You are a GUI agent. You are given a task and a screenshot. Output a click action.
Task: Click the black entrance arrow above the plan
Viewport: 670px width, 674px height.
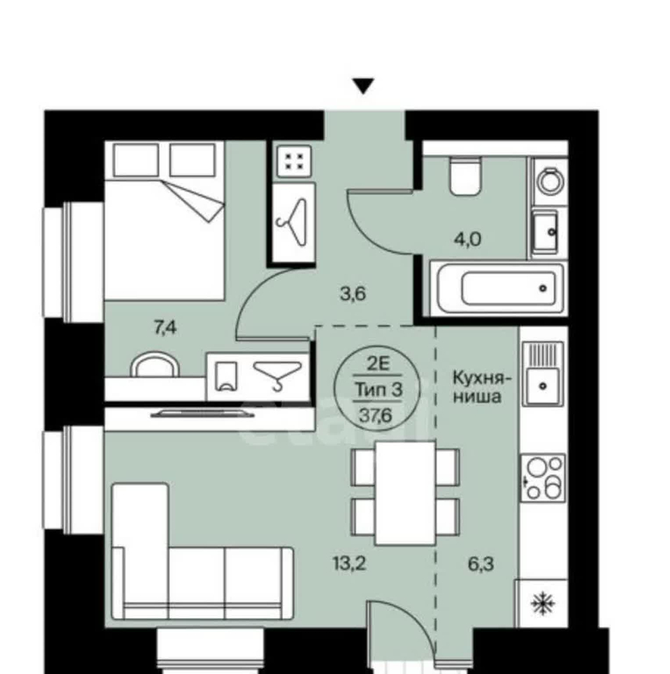363,86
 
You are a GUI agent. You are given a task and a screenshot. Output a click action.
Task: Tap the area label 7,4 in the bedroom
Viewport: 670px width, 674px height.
165,328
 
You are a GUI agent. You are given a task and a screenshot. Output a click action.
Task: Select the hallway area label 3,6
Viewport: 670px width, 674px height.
353,294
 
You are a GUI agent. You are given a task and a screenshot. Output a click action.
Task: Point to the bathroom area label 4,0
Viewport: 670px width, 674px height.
468,239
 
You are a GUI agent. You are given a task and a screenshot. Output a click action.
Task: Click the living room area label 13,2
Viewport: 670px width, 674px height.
350,563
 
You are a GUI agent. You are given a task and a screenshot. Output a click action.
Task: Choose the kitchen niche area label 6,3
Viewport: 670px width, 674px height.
481,564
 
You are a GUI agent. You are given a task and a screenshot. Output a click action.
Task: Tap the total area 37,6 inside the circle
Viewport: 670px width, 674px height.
376,416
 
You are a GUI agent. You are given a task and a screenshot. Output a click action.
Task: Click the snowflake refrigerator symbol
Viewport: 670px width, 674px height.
543,603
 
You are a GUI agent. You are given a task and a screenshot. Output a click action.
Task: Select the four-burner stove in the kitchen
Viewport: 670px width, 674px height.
543,477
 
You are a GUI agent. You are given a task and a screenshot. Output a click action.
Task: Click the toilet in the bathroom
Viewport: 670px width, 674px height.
464,176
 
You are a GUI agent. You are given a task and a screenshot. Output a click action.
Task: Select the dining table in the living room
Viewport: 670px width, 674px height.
405,493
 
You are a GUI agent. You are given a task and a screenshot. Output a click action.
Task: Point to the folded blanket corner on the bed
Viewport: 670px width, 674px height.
193,201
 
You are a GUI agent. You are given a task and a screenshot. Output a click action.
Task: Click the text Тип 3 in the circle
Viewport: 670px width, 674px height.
379,390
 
